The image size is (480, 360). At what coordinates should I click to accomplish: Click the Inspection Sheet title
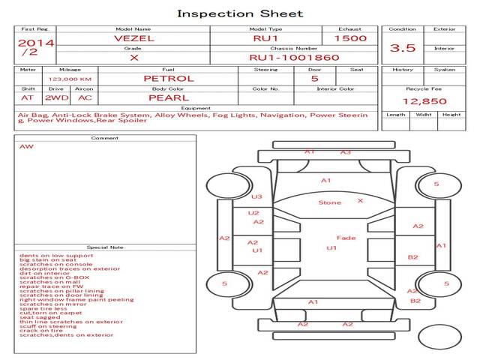[x=239, y=13]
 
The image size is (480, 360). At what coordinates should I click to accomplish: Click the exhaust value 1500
[x=350, y=37]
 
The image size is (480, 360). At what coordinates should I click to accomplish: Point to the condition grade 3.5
[x=403, y=48]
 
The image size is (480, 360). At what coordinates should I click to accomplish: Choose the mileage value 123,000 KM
[x=70, y=78]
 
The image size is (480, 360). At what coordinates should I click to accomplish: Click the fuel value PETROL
[x=168, y=78]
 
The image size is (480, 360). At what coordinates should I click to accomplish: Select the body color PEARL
[x=168, y=97]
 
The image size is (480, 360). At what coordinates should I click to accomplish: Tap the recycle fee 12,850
[x=424, y=100]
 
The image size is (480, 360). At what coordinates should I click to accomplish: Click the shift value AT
[x=28, y=97]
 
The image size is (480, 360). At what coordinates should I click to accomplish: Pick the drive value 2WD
[x=54, y=97]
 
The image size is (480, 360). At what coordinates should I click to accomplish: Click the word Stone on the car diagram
[x=329, y=202]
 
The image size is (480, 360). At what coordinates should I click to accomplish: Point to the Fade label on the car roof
[x=346, y=238]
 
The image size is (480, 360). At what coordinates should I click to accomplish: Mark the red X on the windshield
[x=360, y=200]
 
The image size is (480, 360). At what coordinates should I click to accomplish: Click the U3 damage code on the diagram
[x=256, y=196]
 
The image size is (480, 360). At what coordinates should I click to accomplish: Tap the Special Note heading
[x=105, y=247]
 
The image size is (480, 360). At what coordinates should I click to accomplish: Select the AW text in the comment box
[x=26, y=146]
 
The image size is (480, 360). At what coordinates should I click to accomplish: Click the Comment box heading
[x=105, y=138]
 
